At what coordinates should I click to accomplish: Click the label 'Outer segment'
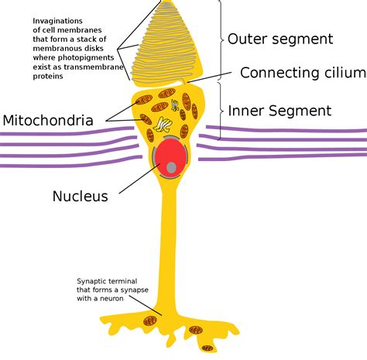coord(280,39)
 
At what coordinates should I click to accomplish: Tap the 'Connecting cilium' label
coord(302,73)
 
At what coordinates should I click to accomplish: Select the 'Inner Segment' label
coord(280,111)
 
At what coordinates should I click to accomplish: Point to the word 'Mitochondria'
coord(47,121)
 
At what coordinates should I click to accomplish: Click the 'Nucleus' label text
coord(80,196)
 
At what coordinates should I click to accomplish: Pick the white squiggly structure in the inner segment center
coord(163,123)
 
